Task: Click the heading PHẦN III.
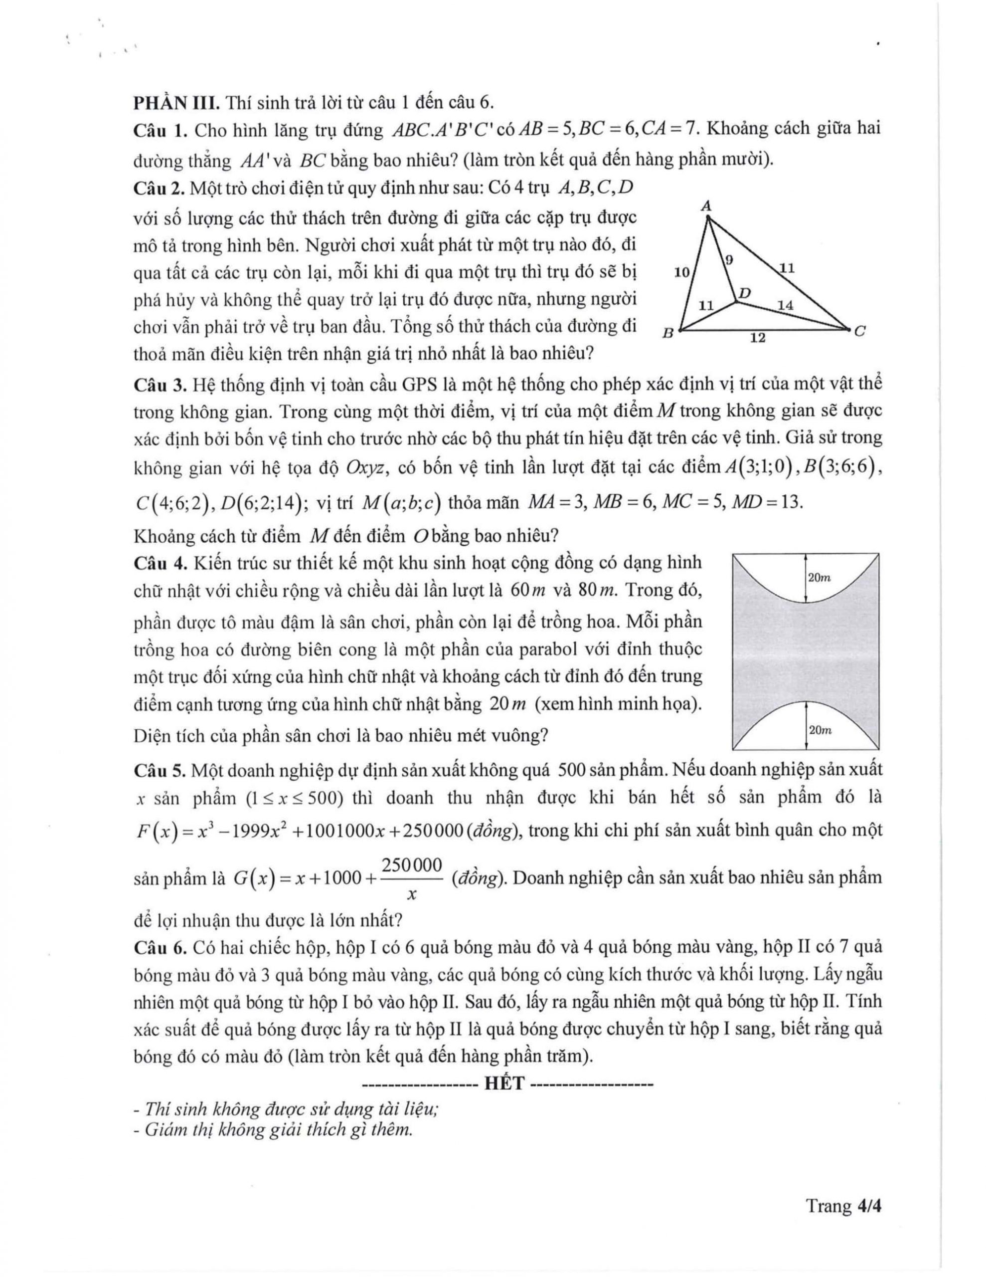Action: (176, 103)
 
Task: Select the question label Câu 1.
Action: (159, 130)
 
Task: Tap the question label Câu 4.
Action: (159, 563)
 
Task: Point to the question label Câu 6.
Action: (159, 947)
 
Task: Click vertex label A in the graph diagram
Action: (706, 207)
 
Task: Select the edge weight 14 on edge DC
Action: (785, 305)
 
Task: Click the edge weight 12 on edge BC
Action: (758, 338)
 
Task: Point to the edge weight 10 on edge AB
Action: (682, 271)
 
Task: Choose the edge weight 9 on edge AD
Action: (729, 259)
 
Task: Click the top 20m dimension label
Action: (819, 578)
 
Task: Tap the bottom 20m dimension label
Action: (820, 730)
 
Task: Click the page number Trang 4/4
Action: (843, 1206)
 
